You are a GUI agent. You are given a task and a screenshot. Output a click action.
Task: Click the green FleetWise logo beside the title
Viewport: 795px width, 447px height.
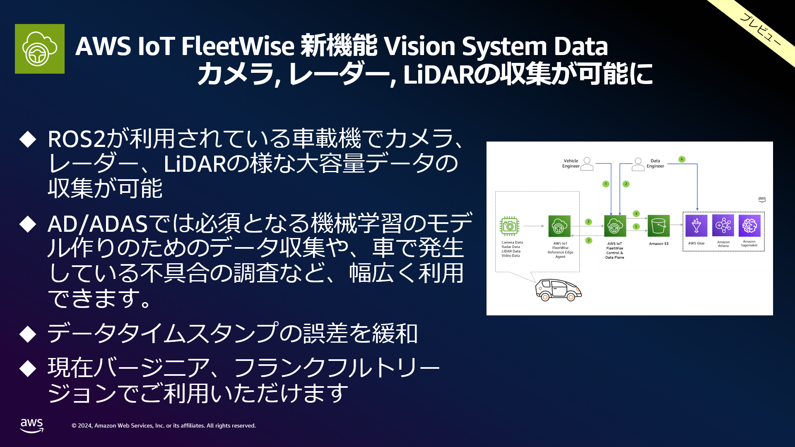point(40,49)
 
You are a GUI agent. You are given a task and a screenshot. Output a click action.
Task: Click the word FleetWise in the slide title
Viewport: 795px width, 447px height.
point(237,46)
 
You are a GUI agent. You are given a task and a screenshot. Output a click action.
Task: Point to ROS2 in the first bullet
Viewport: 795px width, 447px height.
point(76,139)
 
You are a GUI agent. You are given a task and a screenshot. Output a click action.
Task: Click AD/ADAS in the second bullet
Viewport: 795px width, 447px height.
point(98,224)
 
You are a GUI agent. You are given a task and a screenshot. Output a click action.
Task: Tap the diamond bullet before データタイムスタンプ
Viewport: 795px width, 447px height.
point(28,334)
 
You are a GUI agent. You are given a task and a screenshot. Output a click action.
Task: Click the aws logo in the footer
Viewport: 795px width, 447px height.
point(32,425)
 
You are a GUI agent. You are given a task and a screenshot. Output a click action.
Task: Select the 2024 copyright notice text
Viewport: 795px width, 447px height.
point(164,425)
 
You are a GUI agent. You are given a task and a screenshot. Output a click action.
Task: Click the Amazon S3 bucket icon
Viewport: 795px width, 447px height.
point(658,226)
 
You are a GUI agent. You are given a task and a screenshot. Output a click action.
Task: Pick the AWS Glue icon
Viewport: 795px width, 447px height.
point(696,226)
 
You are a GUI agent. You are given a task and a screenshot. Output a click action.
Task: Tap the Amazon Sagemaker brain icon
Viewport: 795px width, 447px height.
point(749,226)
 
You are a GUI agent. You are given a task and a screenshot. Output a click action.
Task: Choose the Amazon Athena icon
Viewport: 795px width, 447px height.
point(723,226)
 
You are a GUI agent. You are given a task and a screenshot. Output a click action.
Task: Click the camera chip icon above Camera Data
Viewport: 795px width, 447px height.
point(509,226)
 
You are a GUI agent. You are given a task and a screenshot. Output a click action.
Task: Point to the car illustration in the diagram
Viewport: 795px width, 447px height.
point(558,290)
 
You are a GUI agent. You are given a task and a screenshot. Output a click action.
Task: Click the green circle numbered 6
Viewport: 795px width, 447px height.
point(682,159)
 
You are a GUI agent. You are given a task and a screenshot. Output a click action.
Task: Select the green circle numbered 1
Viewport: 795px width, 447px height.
point(606,184)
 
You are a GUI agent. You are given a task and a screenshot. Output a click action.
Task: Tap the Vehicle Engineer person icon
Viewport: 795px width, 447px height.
point(587,164)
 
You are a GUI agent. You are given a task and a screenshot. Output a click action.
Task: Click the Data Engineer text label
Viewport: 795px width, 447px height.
point(655,163)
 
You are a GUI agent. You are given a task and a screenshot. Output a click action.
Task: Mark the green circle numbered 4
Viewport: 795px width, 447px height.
point(636,214)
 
